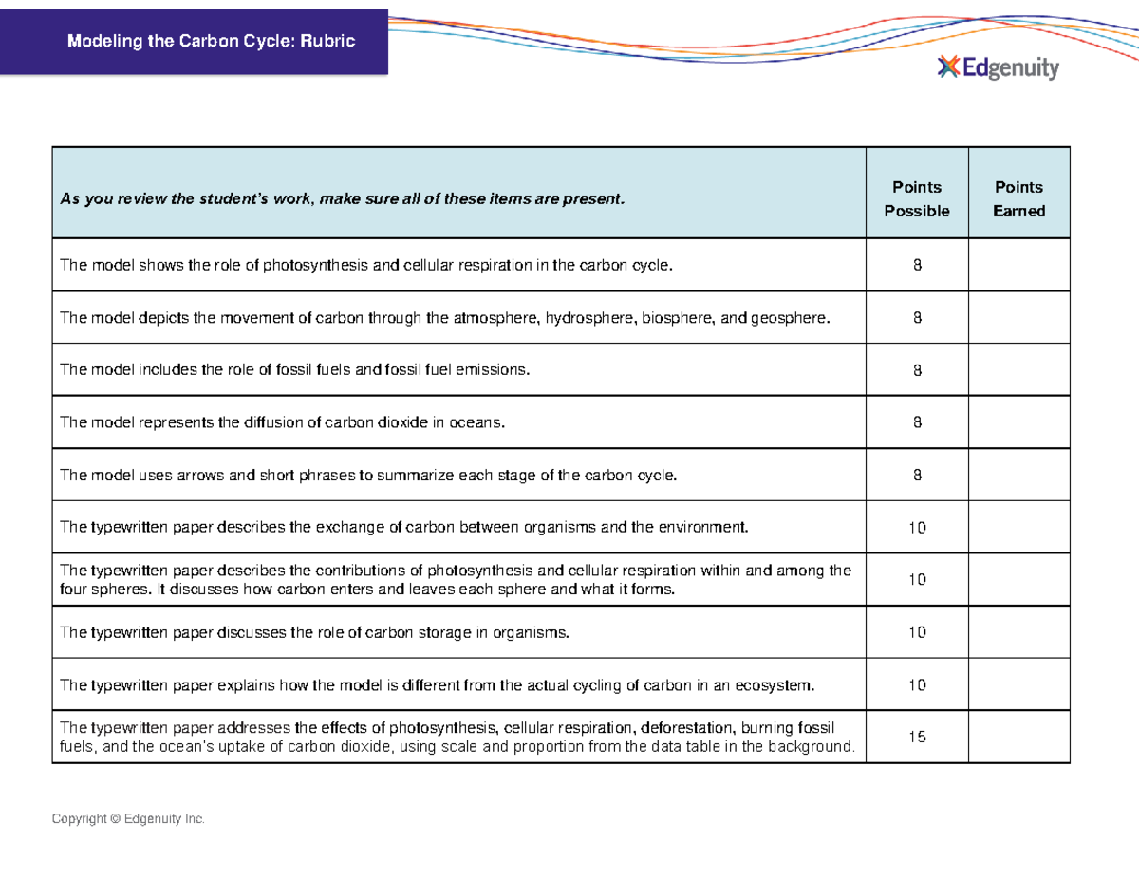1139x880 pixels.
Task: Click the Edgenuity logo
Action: pyautogui.click(x=998, y=67)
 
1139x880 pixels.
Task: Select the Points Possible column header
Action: pyautogui.click(x=916, y=198)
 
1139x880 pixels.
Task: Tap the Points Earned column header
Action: pyautogui.click(x=1018, y=198)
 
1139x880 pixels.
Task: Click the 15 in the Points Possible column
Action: pyautogui.click(x=916, y=737)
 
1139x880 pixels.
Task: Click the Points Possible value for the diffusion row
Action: pyautogui.click(x=916, y=423)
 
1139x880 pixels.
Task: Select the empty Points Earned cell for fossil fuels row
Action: pyautogui.click(x=1018, y=370)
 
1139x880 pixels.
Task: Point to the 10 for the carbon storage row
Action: pyautogui.click(x=916, y=632)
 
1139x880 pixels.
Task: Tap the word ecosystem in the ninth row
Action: pyautogui.click(x=774, y=684)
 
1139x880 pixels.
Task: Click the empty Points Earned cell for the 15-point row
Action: pyautogui.click(x=1018, y=737)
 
